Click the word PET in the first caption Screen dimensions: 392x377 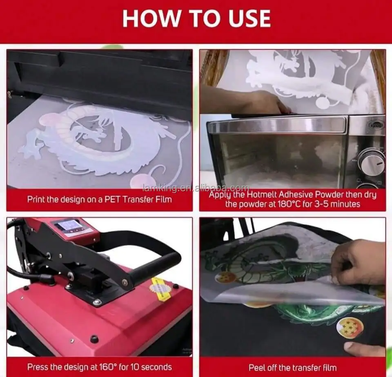[x=113, y=200]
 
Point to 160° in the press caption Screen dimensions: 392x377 [x=108, y=367]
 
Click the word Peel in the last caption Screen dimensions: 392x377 [x=257, y=368]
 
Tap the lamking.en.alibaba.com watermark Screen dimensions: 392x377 [x=196, y=188]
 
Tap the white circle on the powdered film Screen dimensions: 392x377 [x=322, y=102]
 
